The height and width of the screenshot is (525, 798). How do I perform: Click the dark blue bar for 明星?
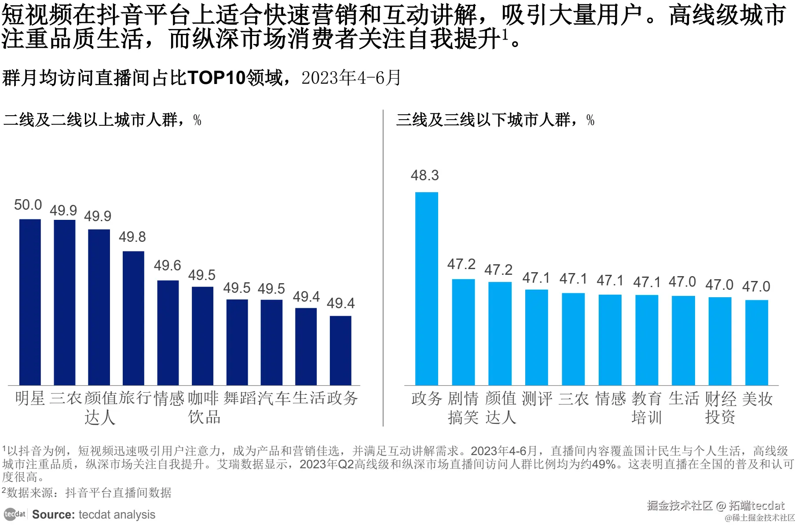click(x=30, y=302)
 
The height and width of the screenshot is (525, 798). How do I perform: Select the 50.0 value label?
click(x=28, y=205)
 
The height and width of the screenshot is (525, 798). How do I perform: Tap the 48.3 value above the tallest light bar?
click(x=425, y=175)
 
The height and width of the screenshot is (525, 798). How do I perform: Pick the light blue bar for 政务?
click(x=426, y=288)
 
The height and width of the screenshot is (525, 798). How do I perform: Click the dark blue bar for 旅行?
click(x=133, y=318)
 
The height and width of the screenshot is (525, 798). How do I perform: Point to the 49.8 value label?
click(x=132, y=237)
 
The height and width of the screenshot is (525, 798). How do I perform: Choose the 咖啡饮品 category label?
click(x=203, y=407)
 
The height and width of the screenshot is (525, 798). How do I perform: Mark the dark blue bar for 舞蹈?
click(x=237, y=342)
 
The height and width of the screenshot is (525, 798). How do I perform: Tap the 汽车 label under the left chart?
click(x=275, y=398)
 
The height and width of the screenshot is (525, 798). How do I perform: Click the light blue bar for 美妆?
click(x=756, y=343)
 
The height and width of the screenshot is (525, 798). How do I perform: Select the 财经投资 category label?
click(x=720, y=408)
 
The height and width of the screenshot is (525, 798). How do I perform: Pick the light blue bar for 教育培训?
click(x=647, y=340)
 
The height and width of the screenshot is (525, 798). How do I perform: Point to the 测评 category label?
click(x=537, y=399)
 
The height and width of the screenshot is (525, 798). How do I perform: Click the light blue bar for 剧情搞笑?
click(x=463, y=332)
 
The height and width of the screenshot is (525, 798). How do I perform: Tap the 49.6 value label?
click(x=167, y=266)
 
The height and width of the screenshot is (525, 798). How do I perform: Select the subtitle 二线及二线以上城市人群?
click(x=91, y=120)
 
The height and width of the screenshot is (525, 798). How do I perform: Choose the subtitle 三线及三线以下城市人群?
click(x=483, y=120)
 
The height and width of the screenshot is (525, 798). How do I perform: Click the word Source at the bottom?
click(x=53, y=514)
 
